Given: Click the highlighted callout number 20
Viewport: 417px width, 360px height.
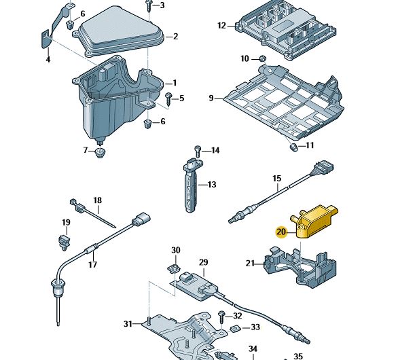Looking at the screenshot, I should (281, 232).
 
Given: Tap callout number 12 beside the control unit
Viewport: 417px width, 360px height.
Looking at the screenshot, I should (221, 26).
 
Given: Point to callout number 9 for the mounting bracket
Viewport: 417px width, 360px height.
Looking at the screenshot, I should (211, 98).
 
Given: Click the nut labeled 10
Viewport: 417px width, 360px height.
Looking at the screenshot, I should (264, 70).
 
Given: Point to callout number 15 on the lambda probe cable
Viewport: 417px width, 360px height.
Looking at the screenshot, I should (277, 179).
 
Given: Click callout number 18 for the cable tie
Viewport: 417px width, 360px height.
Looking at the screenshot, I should (97, 200).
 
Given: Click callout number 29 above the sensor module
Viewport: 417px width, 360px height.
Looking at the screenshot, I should (202, 262).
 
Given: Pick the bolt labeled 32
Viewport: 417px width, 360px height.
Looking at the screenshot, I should (221, 316).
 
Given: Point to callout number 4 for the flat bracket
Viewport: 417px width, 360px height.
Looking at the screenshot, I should (48, 60).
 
